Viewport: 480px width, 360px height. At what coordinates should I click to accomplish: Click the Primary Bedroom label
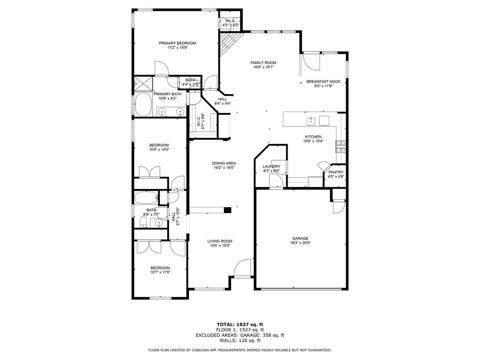[177, 43]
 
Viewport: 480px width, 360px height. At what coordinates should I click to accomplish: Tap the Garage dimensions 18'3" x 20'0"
[300, 243]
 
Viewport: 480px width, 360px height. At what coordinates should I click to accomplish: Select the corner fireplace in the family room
[229, 43]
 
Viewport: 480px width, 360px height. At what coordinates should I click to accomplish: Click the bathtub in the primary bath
[143, 104]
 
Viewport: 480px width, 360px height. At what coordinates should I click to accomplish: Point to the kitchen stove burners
[341, 146]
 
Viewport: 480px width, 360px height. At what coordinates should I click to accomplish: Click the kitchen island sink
[311, 121]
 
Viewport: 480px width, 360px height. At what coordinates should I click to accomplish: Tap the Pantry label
[336, 172]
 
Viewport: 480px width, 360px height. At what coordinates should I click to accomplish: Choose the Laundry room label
[272, 166]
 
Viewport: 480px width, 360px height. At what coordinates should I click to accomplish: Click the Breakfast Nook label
[324, 82]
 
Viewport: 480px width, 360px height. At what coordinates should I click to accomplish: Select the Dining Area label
[224, 163]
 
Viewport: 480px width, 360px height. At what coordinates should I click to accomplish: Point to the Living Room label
[220, 241]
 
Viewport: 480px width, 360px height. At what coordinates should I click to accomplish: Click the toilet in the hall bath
[144, 222]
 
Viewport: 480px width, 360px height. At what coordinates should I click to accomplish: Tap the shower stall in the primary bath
[143, 83]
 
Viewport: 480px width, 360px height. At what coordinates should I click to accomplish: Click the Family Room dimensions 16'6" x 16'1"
[263, 67]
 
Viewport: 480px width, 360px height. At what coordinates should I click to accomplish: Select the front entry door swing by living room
[243, 268]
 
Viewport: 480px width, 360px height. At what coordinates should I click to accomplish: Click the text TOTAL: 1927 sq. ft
[240, 324]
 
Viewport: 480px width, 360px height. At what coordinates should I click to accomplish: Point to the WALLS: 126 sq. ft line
[240, 341]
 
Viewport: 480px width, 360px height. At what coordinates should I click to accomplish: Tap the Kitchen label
[313, 137]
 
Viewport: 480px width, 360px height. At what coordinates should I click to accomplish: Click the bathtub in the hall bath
[146, 198]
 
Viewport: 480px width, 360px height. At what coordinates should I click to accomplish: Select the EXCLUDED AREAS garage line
[240, 335]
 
